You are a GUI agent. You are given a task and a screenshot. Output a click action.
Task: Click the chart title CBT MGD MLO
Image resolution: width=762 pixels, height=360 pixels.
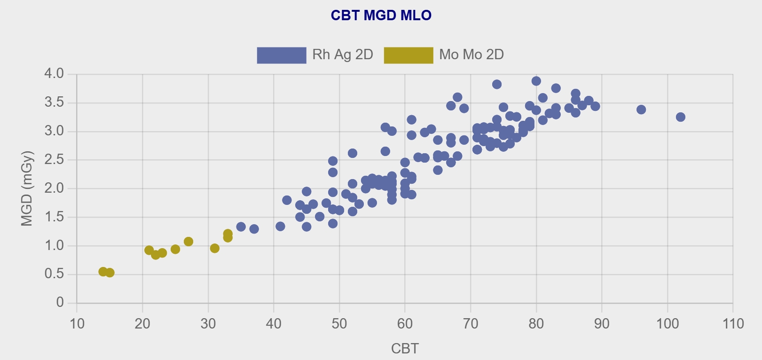point(381,16)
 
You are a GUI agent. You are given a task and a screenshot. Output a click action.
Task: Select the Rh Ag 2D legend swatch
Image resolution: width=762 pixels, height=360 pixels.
point(281,55)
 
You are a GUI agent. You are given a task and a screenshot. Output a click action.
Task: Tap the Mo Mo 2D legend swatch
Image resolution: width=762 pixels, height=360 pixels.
point(408,55)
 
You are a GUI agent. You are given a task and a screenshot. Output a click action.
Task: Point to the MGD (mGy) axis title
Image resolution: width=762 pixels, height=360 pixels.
point(27,188)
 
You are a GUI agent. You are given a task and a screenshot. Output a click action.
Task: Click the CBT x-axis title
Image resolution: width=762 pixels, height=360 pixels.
point(404,348)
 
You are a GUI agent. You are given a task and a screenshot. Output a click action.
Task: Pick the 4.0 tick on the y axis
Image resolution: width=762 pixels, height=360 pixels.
point(54,74)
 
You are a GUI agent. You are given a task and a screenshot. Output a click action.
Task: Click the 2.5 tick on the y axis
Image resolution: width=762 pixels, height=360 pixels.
point(54,160)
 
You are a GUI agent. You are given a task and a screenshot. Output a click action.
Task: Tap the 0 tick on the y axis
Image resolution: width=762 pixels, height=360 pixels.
point(60,303)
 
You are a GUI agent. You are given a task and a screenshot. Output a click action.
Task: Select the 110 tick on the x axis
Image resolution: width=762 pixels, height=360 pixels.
point(733,324)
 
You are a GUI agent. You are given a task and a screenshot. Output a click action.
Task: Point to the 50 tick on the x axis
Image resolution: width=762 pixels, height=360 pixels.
point(339,324)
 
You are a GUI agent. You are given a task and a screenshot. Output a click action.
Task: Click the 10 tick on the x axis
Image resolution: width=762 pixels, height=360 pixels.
point(77,324)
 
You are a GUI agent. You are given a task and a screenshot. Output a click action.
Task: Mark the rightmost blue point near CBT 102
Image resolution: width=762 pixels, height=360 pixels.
point(680,117)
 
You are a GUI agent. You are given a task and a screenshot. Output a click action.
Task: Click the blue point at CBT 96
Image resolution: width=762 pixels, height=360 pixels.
point(641,110)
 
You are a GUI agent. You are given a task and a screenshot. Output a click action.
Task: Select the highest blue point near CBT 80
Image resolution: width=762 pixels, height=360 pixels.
point(536,81)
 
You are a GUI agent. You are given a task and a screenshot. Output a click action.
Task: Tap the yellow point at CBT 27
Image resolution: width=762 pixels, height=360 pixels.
point(189,242)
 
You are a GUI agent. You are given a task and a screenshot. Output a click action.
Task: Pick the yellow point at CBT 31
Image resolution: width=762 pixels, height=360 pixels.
point(214,248)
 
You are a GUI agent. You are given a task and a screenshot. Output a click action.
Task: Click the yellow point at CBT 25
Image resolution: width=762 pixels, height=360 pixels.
point(175,249)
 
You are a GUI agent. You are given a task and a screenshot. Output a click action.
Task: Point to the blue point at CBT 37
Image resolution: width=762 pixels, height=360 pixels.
point(254,229)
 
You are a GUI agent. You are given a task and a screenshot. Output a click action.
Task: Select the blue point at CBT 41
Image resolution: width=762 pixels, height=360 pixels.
point(280,227)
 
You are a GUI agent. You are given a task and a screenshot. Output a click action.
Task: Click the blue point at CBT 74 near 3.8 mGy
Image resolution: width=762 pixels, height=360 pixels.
point(497,85)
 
